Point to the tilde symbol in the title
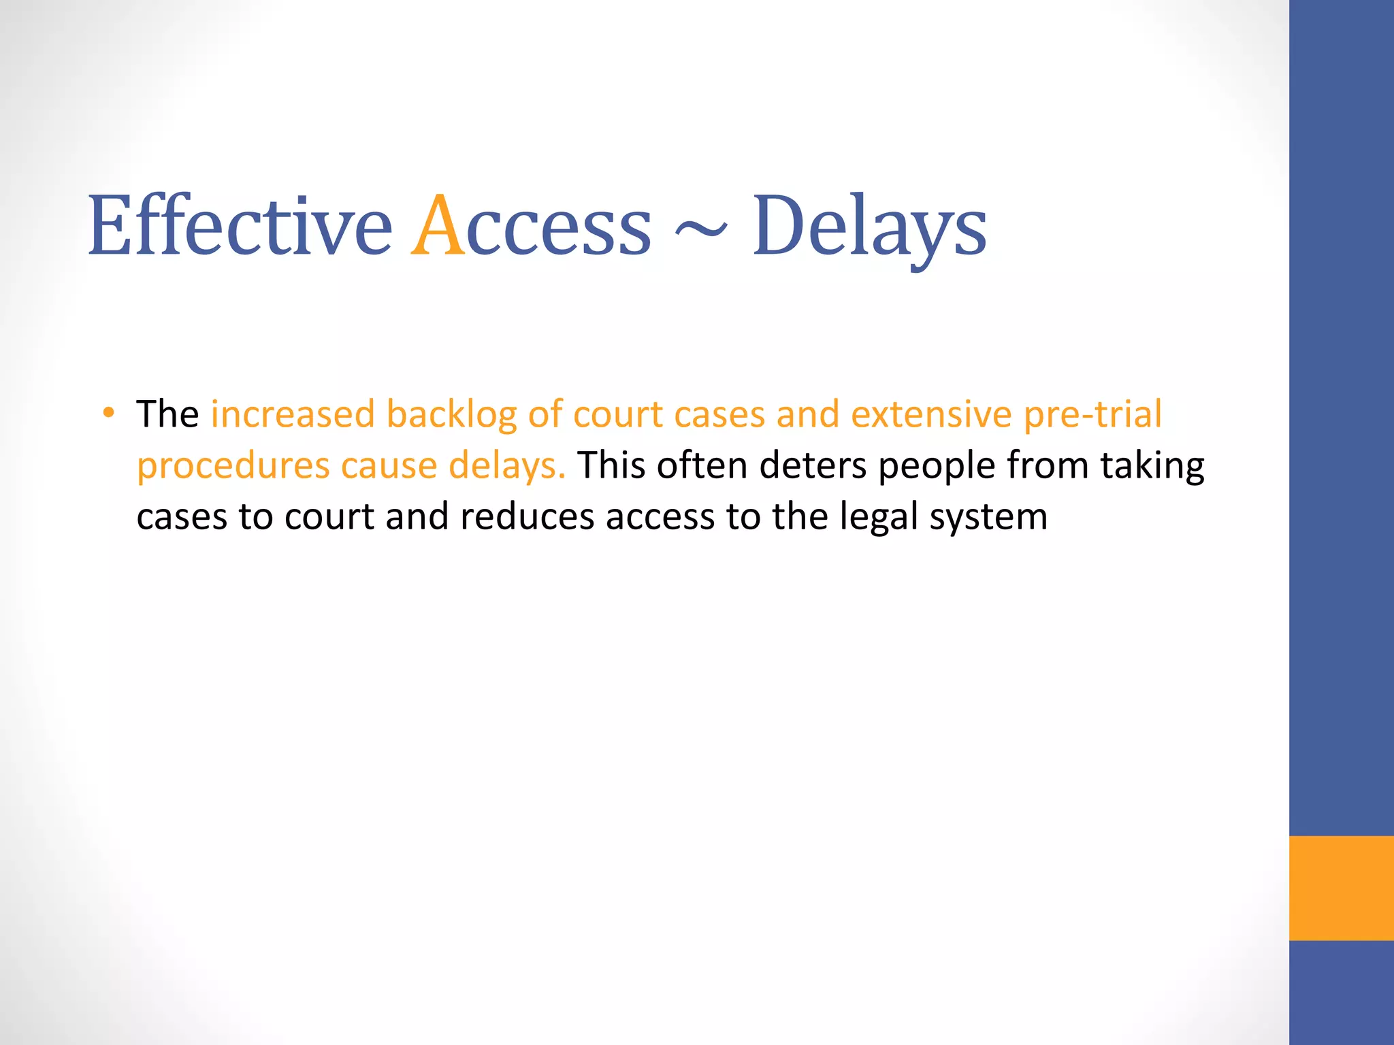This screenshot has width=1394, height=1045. click(700, 231)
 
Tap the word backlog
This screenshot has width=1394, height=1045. click(451, 415)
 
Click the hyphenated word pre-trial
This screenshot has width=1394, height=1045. click(1092, 415)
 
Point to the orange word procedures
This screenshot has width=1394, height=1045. click(233, 467)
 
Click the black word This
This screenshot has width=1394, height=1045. click(611, 465)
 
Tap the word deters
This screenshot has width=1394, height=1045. click(813, 465)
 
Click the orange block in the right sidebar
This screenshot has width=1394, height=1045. click(1341, 888)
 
